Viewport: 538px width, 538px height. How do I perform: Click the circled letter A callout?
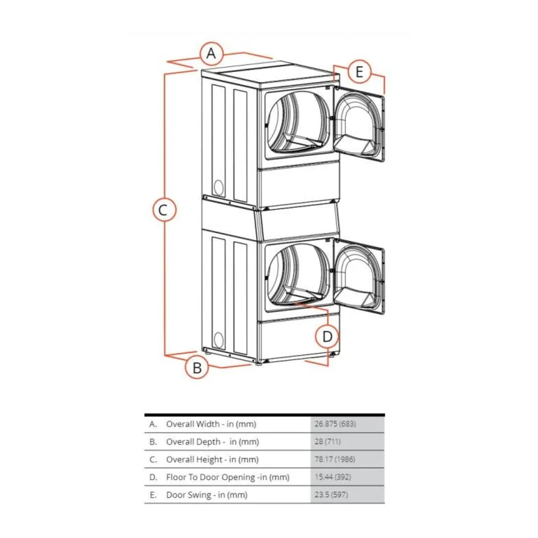point(212,54)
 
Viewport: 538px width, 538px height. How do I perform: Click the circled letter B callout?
point(197,367)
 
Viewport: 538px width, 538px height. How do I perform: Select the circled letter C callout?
point(163,209)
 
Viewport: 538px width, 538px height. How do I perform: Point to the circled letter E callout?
point(359,71)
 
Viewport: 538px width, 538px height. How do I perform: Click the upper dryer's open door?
point(359,124)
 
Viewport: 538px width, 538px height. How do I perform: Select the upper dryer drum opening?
point(298,122)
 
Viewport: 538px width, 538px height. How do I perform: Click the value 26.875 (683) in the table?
point(335,424)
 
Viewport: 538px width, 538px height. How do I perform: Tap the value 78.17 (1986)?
point(334,460)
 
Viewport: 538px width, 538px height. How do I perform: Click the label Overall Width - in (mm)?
point(211,424)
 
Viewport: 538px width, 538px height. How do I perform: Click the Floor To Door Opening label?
point(227,478)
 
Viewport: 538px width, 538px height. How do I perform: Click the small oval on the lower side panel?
point(218,340)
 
